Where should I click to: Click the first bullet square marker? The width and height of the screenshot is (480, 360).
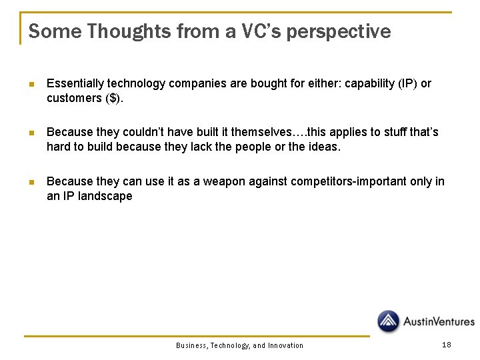pos(31,85)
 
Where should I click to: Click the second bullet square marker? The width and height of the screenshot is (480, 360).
pos(31,133)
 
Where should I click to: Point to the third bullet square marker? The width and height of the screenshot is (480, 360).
pos(31,182)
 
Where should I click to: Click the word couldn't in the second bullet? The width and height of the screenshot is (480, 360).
pos(144,132)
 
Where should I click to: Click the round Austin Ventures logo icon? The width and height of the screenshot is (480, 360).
pos(389,321)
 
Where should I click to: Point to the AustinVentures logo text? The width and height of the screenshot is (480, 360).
pos(438,322)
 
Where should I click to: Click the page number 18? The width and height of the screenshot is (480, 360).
pos(447,344)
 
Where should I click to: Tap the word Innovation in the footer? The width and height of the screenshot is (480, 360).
pos(285,345)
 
